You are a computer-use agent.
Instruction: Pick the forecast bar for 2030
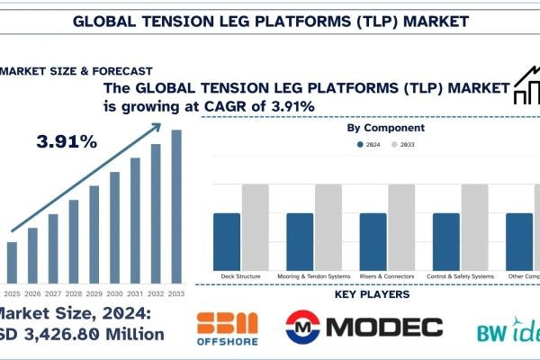115,225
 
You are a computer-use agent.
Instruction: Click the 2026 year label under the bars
32,292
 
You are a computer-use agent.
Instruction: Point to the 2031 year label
136,292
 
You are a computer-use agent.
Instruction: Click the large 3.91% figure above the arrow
67,142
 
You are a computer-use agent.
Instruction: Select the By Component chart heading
385,129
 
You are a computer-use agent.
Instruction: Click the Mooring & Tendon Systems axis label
314,276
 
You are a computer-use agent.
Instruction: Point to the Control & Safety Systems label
460,276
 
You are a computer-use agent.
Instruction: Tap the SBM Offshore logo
227,328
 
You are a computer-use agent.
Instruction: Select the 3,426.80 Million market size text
81,335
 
